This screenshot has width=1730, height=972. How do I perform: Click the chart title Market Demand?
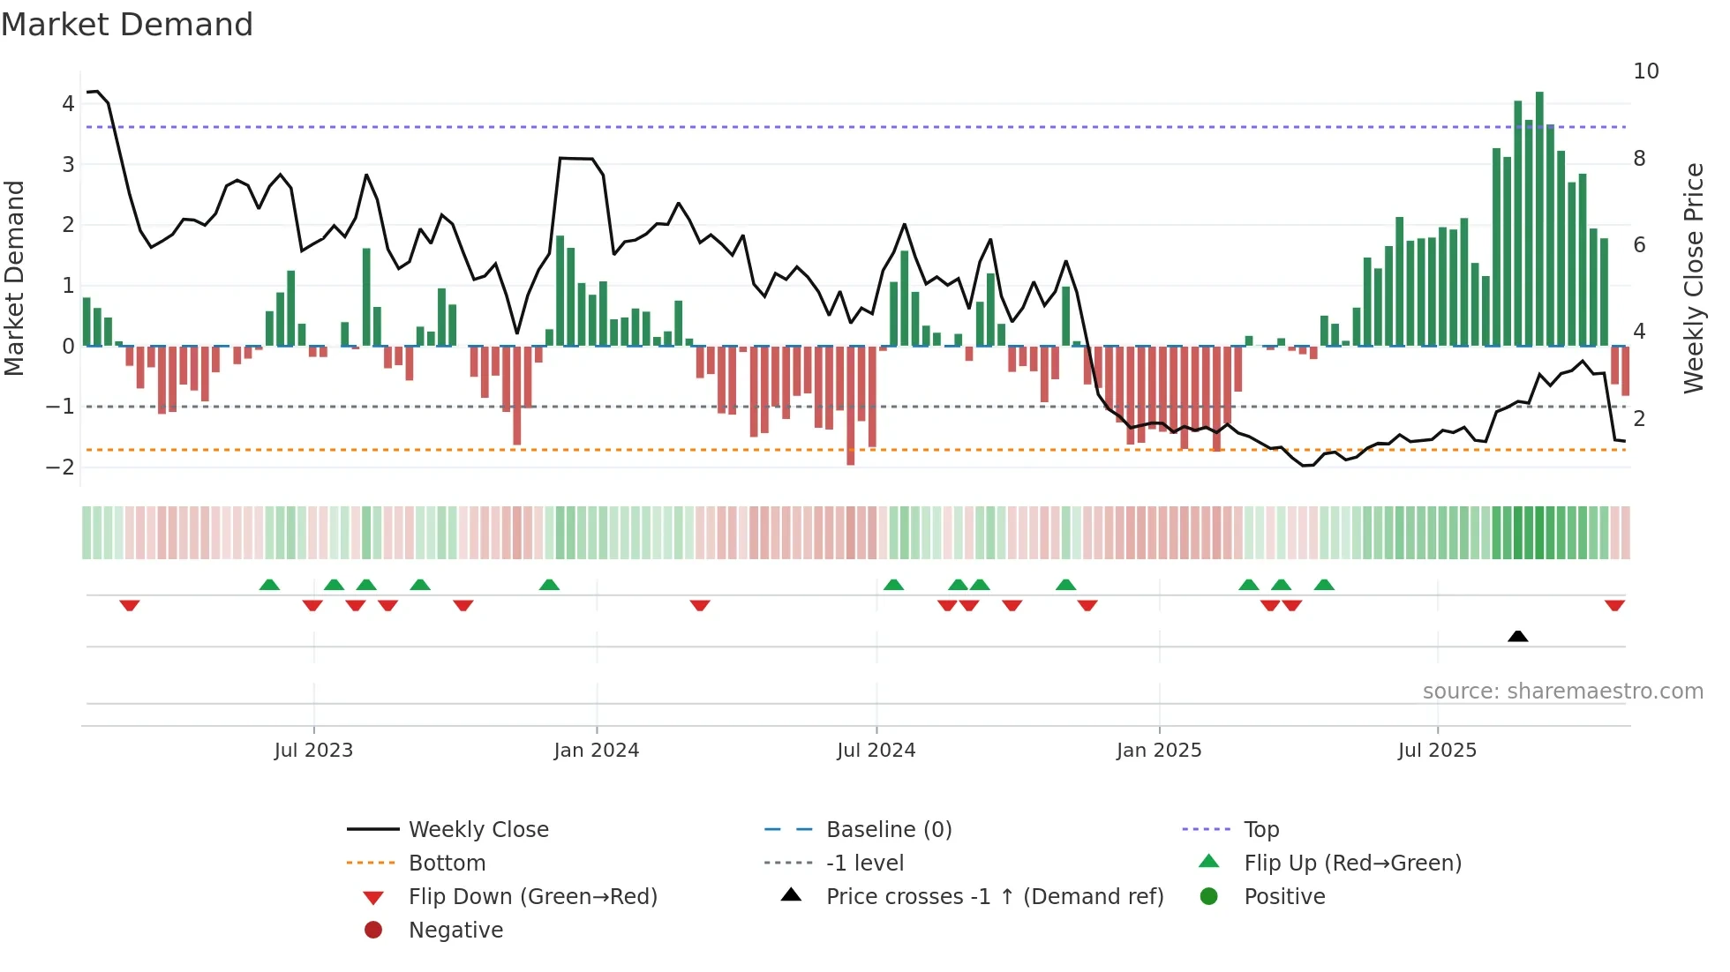click(127, 25)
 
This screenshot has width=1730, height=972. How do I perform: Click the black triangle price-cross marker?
click(1517, 636)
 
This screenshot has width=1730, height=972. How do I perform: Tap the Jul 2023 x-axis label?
click(313, 751)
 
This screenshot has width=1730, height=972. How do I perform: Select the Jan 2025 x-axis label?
click(1158, 751)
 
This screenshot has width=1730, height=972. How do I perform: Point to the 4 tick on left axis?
click(68, 104)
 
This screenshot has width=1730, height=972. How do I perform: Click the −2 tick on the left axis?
click(60, 467)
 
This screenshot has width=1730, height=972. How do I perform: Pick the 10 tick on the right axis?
click(1645, 71)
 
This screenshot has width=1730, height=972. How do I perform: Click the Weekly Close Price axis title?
click(1693, 278)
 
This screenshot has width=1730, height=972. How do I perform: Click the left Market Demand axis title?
click(14, 278)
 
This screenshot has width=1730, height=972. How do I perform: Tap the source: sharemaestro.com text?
click(1562, 692)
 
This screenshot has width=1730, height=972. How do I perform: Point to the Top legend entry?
click(1261, 830)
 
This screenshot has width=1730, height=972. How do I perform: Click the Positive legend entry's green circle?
click(1209, 897)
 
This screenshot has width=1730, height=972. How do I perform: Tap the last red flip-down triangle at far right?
click(1614, 605)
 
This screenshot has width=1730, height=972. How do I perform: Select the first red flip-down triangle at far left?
click(130, 605)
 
